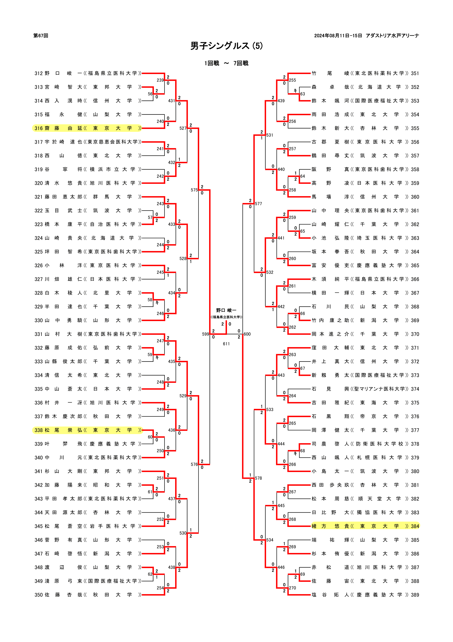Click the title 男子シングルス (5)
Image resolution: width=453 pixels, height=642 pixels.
pyautogui.click(x=227, y=46)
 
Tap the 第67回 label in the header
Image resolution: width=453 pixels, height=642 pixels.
pyautogui.click(x=41, y=35)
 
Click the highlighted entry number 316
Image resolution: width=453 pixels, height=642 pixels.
pyautogui.click(x=38, y=128)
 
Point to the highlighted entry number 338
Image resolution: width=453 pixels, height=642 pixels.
pyautogui.click(x=38, y=430)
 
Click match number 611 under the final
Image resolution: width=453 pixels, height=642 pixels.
pyautogui.click(x=226, y=344)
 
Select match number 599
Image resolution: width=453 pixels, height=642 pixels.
pyautogui.click(x=206, y=334)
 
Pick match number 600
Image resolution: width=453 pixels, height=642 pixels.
pyautogui.click(x=247, y=334)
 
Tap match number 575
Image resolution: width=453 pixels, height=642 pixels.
pyautogui.click(x=194, y=190)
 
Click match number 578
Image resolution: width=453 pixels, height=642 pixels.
pyautogui.click(x=258, y=478)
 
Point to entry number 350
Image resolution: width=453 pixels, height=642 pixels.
pyautogui.click(x=38, y=595)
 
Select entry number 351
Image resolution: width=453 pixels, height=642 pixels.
pyautogui.click(x=415, y=73)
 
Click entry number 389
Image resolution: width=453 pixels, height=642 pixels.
pyautogui.click(x=415, y=595)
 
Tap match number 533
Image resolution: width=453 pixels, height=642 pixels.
pyautogui.click(x=270, y=409)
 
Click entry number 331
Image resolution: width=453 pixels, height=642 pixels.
pyautogui.click(x=38, y=334)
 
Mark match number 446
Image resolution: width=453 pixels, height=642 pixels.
pyautogui.click(x=281, y=567)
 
